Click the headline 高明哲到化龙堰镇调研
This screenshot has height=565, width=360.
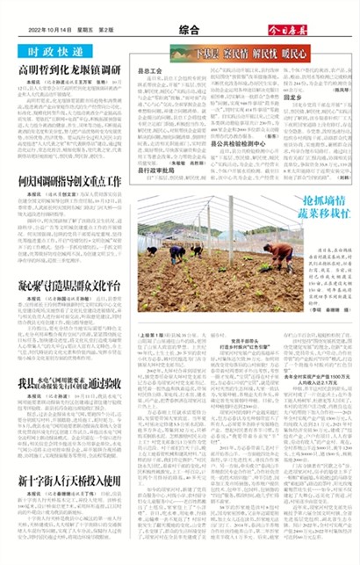pos(67,69)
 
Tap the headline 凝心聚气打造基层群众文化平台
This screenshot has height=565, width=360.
pos(67,286)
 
